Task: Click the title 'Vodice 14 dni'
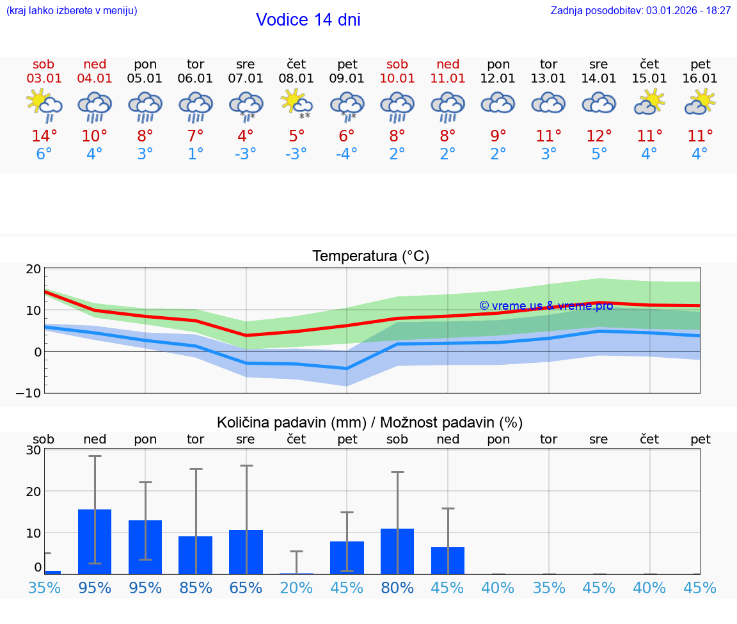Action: (308, 20)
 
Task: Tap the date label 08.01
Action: (296, 79)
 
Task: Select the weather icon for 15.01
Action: (649, 102)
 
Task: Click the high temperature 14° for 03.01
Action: (44, 136)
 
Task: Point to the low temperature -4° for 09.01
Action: (347, 154)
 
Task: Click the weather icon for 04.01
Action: (95, 106)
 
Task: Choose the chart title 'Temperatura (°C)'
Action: (370, 257)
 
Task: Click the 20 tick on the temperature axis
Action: (34, 269)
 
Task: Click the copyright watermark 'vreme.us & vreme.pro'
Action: (546, 306)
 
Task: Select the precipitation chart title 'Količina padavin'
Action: (370, 422)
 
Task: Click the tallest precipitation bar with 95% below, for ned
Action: (95, 541)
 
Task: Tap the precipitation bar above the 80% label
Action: (397, 551)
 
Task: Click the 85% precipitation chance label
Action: (195, 588)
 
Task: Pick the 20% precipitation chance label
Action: (296, 588)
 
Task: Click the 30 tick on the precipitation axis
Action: (34, 450)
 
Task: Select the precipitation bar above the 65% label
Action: (246, 552)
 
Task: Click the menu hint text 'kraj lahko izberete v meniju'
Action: (72, 11)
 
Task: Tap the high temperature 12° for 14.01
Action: (599, 136)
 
